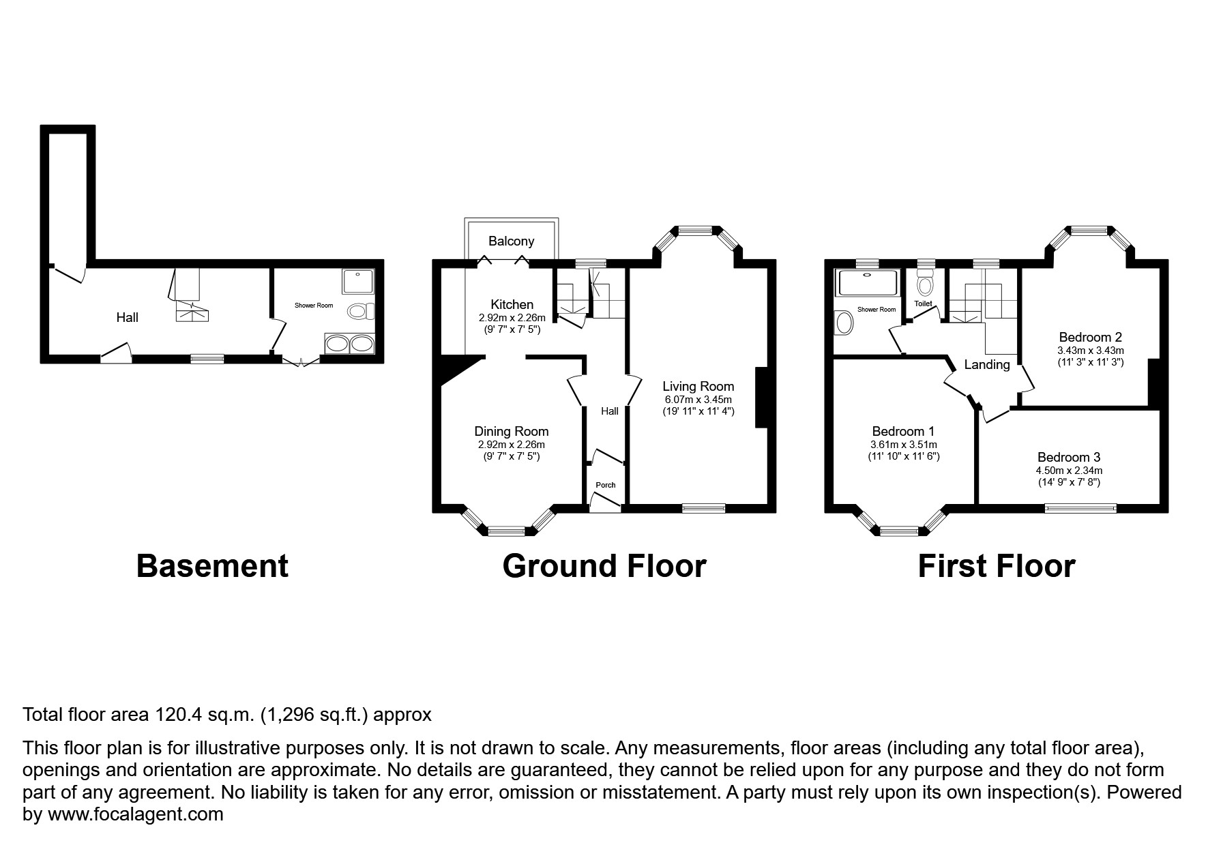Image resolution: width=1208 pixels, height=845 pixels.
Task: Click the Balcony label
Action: pyautogui.click(x=511, y=241)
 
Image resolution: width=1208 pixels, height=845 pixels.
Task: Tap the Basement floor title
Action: pyautogui.click(x=212, y=566)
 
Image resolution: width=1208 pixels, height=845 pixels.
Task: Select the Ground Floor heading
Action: pyautogui.click(x=604, y=566)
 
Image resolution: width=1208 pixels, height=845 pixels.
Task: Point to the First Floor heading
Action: pyautogui.click(x=996, y=566)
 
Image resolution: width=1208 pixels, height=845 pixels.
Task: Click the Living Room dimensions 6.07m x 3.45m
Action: pyautogui.click(x=698, y=400)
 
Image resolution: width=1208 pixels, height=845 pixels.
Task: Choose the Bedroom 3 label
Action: pyautogui.click(x=1068, y=457)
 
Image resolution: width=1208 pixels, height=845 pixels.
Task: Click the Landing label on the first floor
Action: pyautogui.click(x=986, y=365)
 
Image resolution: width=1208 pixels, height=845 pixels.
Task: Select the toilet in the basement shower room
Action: pyautogui.click(x=360, y=312)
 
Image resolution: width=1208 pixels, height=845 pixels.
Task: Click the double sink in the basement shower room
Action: pyautogui.click(x=349, y=344)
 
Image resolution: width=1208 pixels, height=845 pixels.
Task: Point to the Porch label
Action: pyautogui.click(x=605, y=485)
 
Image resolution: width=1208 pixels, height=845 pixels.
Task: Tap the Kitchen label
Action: pyautogui.click(x=512, y=304)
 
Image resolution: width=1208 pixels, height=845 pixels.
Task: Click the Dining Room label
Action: pyautogui.click(x=511, y=431)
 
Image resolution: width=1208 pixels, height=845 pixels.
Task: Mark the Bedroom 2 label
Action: pyautogui.click(x=1090, y=337)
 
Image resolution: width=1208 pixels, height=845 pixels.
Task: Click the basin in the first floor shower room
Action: pyautogui.click(x=844, y=323)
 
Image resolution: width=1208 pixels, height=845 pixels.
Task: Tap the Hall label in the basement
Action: pyautogui.click(x=127, y=317)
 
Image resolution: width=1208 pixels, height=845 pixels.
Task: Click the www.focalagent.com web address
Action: pyautogui.click(x=133, y=814)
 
